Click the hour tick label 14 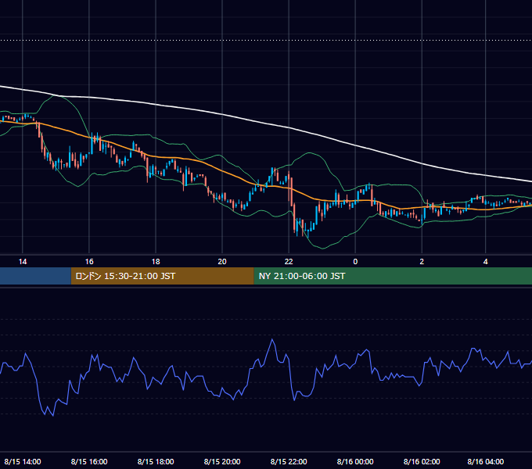[23, 262]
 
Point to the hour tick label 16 [89, 262]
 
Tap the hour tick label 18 [156, 262]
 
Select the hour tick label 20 [222, 262]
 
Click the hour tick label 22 [289, 262]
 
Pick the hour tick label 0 [355, 262]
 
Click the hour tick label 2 [422, 262]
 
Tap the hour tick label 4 [486, 262]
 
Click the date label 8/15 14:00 [23, 461]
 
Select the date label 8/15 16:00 [89, 461]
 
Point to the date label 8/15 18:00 [156, 461]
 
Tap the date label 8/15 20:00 [222, 461]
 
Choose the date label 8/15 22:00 [289, 461]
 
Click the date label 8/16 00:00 [355, 461]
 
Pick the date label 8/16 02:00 [422, 461]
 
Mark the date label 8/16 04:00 [486, 461]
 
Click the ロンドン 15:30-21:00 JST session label [125, 276]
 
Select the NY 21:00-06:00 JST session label [302, 276]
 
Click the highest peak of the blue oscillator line [272, 339]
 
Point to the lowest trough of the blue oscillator [53, 416]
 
